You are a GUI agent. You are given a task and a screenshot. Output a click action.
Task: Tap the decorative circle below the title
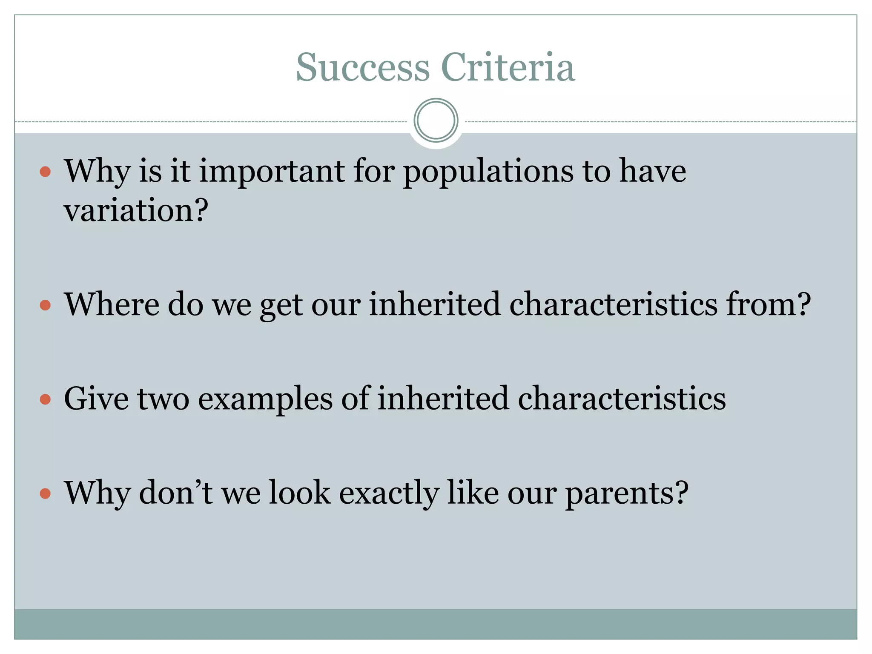click(x=436, y=120)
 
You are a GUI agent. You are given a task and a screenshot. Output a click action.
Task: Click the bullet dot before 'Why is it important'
click(x=45, y=172)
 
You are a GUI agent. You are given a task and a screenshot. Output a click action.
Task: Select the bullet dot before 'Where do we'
click(x=45, y=305)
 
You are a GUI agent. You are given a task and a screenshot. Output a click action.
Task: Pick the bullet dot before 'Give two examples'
click(x=45, y=399)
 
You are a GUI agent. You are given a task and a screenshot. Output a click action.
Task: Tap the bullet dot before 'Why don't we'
click(x=45, y=493)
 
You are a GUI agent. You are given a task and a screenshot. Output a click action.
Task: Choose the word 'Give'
click(x=96, y=399)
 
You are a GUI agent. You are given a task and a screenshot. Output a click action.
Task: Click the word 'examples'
click(x=265, y=399)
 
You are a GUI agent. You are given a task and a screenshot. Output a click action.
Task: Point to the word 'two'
click(x=163, y=399)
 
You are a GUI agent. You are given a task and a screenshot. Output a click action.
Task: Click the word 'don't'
click(x=176, y=493)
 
